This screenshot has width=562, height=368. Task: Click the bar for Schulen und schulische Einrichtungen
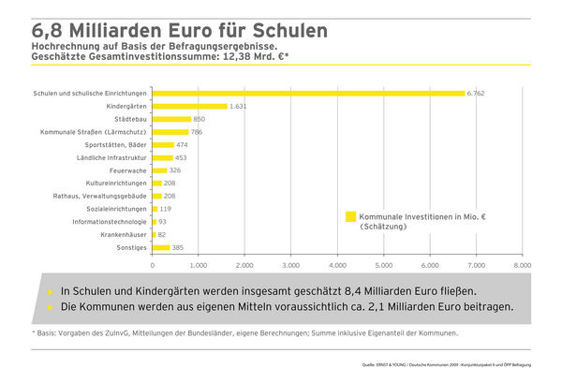(308, 94)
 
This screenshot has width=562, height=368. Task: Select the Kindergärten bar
(189, 107)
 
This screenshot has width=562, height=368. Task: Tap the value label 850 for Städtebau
(200, 119)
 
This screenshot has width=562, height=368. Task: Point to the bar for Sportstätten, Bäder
(163, 145)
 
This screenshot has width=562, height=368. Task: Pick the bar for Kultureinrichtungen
(157, 183)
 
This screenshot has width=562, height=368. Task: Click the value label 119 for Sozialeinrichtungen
(166, 209)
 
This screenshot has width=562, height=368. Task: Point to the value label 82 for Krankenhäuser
(162, 234)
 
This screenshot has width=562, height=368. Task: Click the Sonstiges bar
(161, 247)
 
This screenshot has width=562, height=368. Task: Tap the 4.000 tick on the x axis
(337, 265)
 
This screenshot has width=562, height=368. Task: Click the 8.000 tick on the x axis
(522, 265)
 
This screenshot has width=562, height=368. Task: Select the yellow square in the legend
(351, 216)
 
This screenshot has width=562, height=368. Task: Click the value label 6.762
(478, 94)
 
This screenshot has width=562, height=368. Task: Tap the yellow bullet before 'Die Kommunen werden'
(50, 307)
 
